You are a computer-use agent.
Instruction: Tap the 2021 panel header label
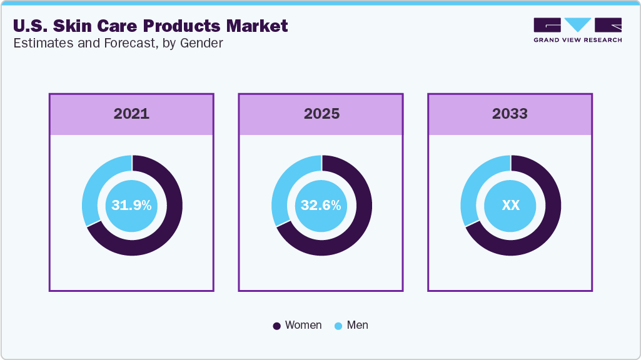[x=131, y=114]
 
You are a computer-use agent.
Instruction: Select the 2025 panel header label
[x=321, y=114]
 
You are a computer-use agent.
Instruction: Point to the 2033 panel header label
[x=510, y=114]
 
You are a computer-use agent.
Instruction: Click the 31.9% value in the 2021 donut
[x=131, y=205]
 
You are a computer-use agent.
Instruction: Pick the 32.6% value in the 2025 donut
[x=321, y=205]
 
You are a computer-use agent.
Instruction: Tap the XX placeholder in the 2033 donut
[x=511, y=205]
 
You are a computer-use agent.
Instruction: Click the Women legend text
[x=303, y=325]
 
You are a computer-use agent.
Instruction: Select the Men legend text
[x=358, y=325]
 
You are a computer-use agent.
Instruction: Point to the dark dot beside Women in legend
[x=277, y=326]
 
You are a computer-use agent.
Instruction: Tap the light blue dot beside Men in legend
[x=338, y=326]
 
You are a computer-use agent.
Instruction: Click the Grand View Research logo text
[x=577, y=40]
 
